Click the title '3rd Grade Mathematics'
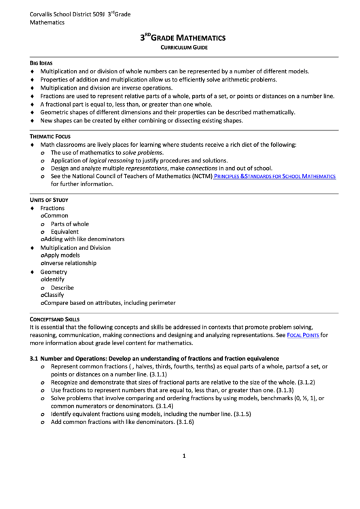(183, 39)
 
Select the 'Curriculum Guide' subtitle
(183, 50)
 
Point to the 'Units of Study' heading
(50, 200)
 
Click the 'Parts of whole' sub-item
(69, 224)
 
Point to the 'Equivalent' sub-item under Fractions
(65, 232)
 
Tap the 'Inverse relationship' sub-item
(70, 263)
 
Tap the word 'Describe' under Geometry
(62, 287)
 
